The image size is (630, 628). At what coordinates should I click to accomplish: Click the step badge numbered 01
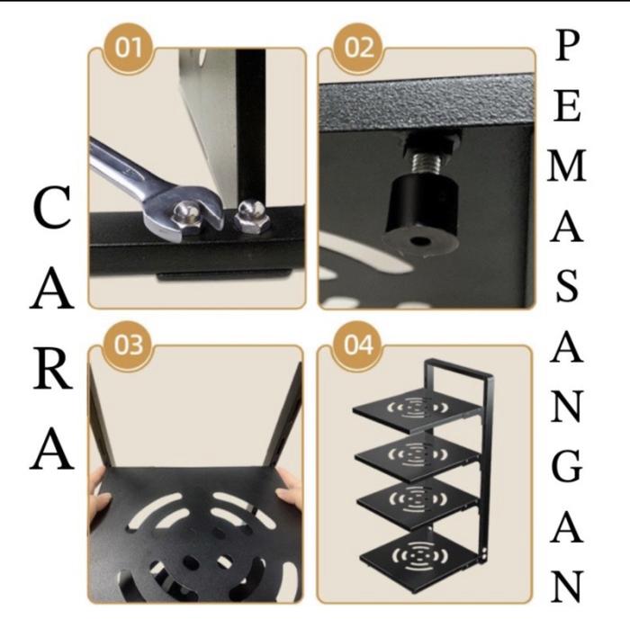129,49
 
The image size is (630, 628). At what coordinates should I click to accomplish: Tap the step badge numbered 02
358,49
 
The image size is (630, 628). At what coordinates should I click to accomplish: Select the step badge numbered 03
129,345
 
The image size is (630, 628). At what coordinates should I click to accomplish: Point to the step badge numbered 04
358,345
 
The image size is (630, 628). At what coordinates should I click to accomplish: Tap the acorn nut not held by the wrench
250,216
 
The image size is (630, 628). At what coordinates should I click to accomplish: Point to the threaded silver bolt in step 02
431,164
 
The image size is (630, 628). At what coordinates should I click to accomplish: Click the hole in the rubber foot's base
420,242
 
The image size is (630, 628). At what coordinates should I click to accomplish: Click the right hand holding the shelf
290,488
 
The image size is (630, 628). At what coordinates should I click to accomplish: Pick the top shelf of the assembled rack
418,409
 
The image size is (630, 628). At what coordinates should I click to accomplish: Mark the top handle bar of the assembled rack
458,366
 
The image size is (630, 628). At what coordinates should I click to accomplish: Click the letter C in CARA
52,208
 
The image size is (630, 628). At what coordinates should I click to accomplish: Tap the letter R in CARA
52,369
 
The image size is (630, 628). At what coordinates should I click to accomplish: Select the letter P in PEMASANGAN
567,46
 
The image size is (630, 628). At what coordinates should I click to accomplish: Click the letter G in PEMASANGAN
567,466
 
